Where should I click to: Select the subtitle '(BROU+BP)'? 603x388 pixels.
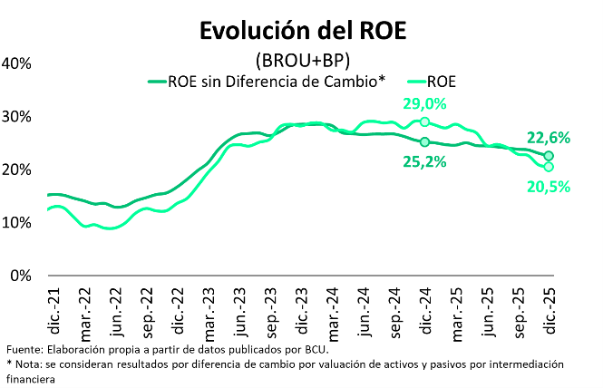(302, 61)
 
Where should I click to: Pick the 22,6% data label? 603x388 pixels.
(548, 138)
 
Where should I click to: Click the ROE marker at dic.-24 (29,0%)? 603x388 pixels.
(424, 121)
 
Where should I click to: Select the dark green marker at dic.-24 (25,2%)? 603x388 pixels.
(424, 141)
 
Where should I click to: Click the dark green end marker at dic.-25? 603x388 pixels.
(549, 156)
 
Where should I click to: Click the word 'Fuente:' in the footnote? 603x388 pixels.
(25, 350)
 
